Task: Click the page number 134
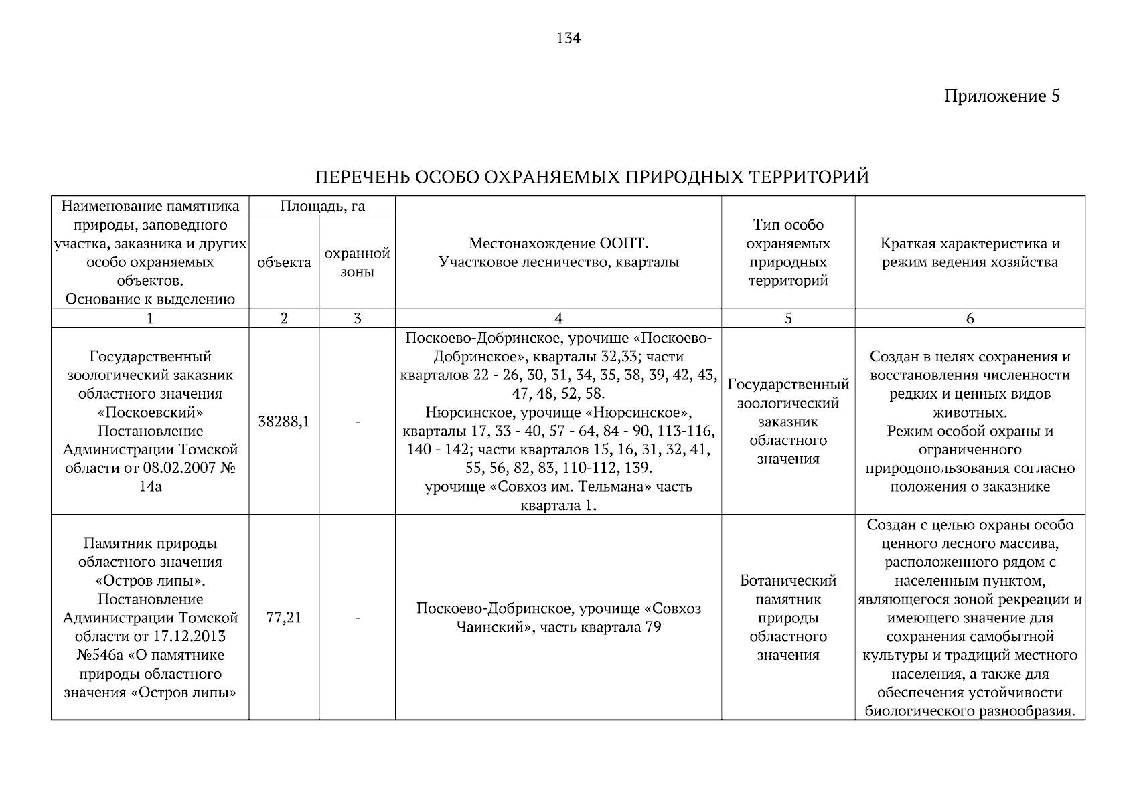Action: coord(568,39)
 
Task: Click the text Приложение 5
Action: coord(1002,96)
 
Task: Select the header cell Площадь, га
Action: coord(322,206)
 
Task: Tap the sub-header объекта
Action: coord(284,262)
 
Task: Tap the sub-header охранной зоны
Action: coord(357,262)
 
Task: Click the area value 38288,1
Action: coord(284,422)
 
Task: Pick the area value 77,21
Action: coord(284,618)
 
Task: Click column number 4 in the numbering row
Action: coord(558,319)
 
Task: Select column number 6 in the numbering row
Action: coord(970,319)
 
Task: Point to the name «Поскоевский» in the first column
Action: coord(150,412)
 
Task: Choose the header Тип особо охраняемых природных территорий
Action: coord(787,253)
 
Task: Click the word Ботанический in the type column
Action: coord(788,580)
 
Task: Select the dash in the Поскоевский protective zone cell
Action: coord(357,422)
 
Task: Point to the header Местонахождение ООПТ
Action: coord(558,244)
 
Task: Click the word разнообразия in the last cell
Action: coord(1020,711)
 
